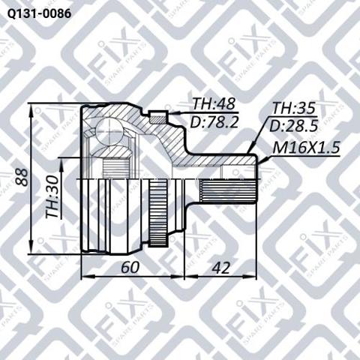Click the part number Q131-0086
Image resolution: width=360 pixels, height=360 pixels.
39,13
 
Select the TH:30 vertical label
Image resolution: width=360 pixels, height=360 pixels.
52,196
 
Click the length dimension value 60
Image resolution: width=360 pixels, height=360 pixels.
130,267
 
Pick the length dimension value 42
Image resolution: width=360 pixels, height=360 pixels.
220,268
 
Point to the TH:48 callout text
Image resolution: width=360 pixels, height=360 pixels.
214,104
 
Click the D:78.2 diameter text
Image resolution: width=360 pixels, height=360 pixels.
214,122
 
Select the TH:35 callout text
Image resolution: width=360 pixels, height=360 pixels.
294,109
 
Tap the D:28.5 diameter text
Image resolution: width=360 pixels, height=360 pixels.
293,126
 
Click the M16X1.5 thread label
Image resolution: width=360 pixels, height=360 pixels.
306,148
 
